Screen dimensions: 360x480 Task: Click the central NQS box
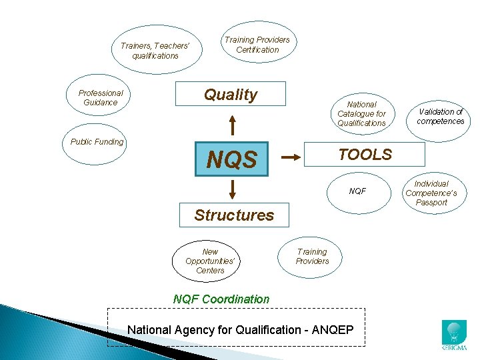(x=231, y=159)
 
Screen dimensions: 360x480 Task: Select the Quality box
(x=231, y=94)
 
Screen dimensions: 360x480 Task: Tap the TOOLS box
(x=364, y=154)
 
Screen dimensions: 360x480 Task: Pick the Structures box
(x=234, y=215)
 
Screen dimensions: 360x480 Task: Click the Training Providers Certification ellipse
(x=257, y=45)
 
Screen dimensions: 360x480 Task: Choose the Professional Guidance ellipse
(x=101, y=97)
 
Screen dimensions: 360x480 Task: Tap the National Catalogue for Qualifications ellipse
(x=361, y=113)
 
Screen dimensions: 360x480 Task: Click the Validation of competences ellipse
(x=440, y=117)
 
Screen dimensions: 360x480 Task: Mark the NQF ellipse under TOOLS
(x=358, y=191)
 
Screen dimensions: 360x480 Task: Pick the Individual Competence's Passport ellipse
(x=431, y=193)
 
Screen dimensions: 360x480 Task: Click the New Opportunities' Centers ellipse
(x=210, y=261)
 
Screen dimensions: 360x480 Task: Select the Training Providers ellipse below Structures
(x=312, y=257)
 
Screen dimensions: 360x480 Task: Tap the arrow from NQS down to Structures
(x=232, y=189)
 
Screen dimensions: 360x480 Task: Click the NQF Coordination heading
(x=221, y=299)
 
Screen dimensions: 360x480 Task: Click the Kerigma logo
(x=455, y=335)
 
